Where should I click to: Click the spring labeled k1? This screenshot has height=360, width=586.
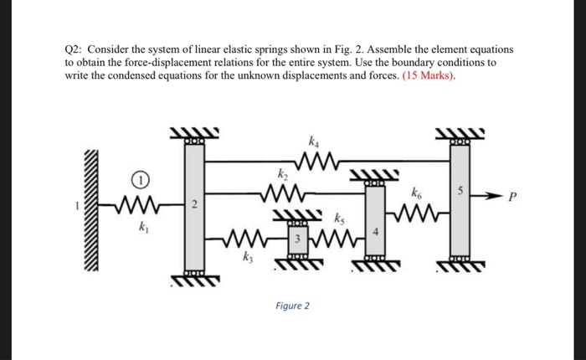click(x=134, y=203)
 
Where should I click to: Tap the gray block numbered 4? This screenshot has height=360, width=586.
click(x=375, y=222)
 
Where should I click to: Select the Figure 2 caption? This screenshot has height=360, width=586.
click(x=292, y=306)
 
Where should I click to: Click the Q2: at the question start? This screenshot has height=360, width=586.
click(x=75, y=50)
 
